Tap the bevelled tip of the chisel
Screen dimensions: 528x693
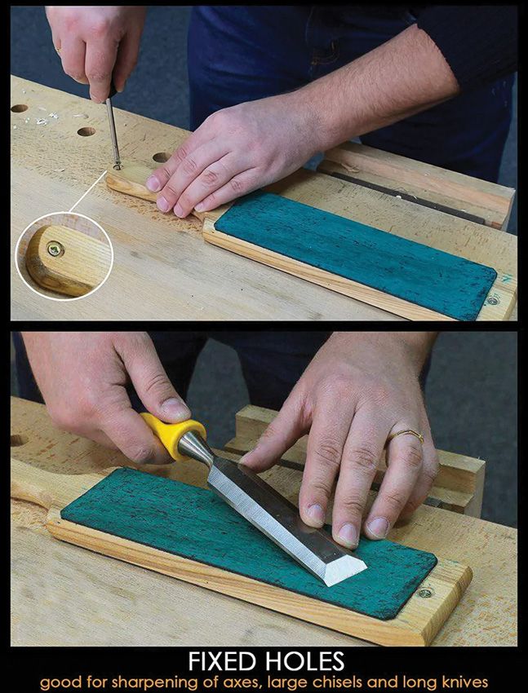(x=344, y=569)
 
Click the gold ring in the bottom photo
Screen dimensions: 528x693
(x=406, y=435)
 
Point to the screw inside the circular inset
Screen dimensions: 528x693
(x=55, y=249)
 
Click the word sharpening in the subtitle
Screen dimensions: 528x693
(x=153, y=682)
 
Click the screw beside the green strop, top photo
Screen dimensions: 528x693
(x=493, y=302)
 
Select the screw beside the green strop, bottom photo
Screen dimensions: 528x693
(x=425, y=593)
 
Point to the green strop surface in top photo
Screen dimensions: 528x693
(x=355, y=255)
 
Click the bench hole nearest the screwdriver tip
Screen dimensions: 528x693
(x=162, y=157)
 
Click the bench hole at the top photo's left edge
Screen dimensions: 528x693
(x=19, y=108)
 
